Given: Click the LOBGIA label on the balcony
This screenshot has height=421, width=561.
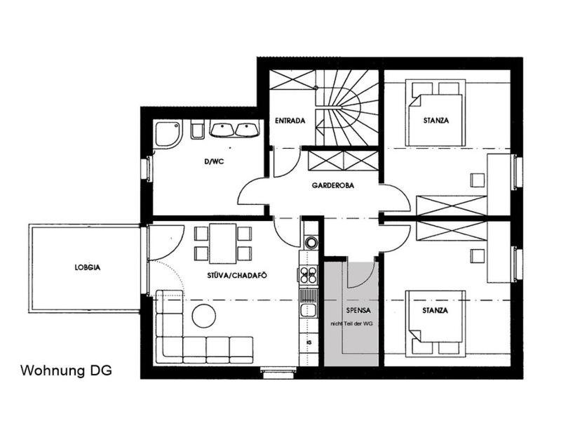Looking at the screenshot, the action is (x=88, y=267).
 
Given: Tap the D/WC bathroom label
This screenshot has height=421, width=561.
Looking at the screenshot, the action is (x=214, y=162).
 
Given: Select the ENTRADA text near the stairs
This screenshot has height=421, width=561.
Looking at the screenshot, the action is (x=290, y=121).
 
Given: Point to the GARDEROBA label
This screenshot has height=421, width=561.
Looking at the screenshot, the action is (x=333, y=185).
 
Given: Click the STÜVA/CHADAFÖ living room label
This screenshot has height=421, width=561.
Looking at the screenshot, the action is (x=237, y=275).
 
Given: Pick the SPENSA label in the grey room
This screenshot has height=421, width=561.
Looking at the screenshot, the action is (x=358, y=310).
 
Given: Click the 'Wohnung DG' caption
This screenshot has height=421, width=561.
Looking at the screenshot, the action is (x=66, y=370).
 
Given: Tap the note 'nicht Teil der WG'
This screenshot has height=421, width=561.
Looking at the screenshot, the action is (x=352, y=323).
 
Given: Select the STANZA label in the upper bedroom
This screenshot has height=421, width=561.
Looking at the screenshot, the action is (x=435, y=121).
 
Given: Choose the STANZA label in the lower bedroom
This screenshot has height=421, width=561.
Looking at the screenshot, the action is (x=435, y=310).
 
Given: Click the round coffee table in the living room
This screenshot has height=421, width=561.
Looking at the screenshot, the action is (x=204, y=316).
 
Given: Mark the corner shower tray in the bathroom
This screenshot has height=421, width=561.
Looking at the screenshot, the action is (x=168, y=133).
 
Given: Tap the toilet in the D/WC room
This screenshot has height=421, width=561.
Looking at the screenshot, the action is (x=198, y=130).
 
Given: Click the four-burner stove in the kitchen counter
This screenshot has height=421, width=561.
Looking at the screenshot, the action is (x=308, y=275).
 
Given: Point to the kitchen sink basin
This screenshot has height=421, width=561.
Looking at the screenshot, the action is (x=308, y=310).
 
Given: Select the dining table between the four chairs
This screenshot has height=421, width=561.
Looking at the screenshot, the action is (x=222, y=243).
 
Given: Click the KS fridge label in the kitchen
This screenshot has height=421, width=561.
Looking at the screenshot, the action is (x=309, y=342).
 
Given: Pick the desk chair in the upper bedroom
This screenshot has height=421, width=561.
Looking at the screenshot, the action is (x=478, y=180).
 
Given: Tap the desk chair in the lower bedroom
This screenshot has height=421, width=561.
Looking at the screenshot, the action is (x=478, y=256).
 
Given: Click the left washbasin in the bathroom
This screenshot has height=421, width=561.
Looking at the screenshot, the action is (x=222, y=130).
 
